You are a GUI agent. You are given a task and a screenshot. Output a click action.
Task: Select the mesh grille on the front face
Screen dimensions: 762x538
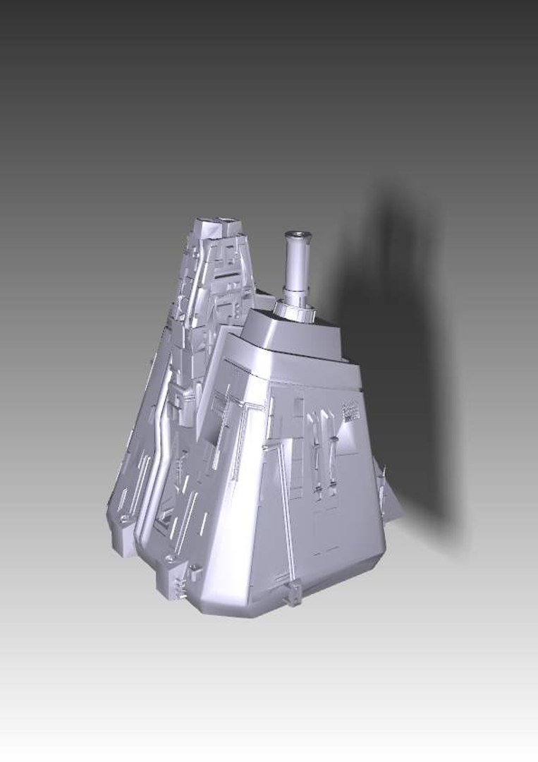point(350,411)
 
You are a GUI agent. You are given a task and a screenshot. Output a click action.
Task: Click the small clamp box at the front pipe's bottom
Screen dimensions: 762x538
point(295,593)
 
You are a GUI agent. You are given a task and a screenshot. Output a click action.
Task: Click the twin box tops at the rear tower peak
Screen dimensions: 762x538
point(218,225)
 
